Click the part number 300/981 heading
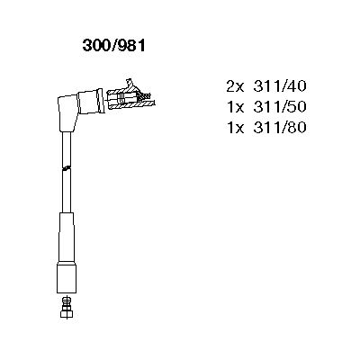[114, 46]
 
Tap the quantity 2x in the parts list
[236, 86]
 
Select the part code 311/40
[280, 86]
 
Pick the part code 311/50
[280, 107]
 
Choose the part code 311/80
[280, 127]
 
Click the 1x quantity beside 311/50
[236, 107]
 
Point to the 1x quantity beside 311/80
[236, 127]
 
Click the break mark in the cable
[67, 168]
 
